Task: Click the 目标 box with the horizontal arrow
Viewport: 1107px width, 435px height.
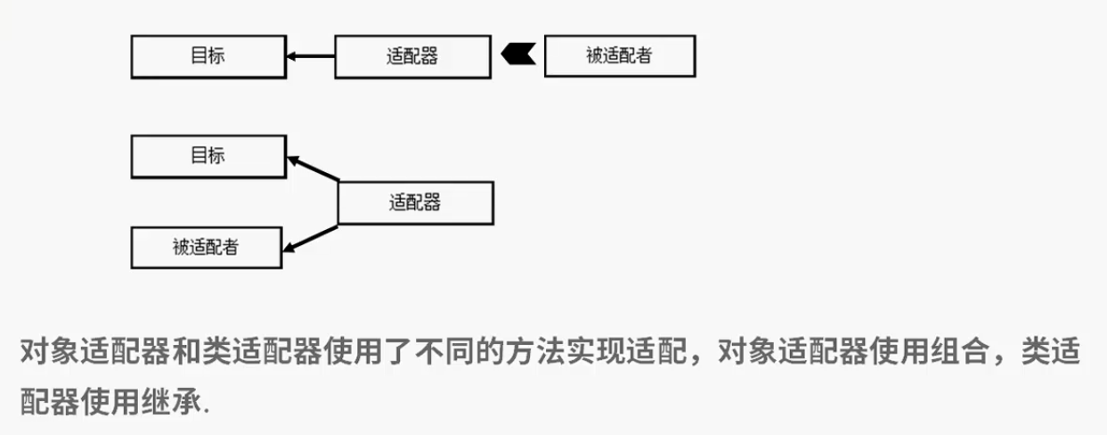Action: click(208, 56)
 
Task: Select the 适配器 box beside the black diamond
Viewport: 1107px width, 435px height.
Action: click(412, 56)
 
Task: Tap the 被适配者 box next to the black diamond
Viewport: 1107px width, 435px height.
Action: click(620, 55)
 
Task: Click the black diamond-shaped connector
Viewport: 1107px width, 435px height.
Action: click(518, 54)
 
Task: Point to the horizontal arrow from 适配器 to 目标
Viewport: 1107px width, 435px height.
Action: click(311, 56)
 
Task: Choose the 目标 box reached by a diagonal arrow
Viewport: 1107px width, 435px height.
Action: click(208, 156)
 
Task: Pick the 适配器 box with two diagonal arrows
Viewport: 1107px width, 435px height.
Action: click(416, 203)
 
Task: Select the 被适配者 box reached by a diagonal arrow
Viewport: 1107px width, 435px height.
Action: click(207, 248)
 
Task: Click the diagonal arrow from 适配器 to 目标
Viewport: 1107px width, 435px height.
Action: click(313, 168)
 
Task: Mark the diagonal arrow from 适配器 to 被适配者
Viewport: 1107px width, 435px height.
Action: click(311, 239)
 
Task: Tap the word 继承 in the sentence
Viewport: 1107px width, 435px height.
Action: click(172, 401)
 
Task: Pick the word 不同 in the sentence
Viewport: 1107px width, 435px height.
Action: click(445, 351)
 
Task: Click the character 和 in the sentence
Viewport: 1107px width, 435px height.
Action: click(187, 351)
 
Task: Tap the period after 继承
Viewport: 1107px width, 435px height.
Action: click(207, 411)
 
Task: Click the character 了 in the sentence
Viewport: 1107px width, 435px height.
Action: click(399, 351)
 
